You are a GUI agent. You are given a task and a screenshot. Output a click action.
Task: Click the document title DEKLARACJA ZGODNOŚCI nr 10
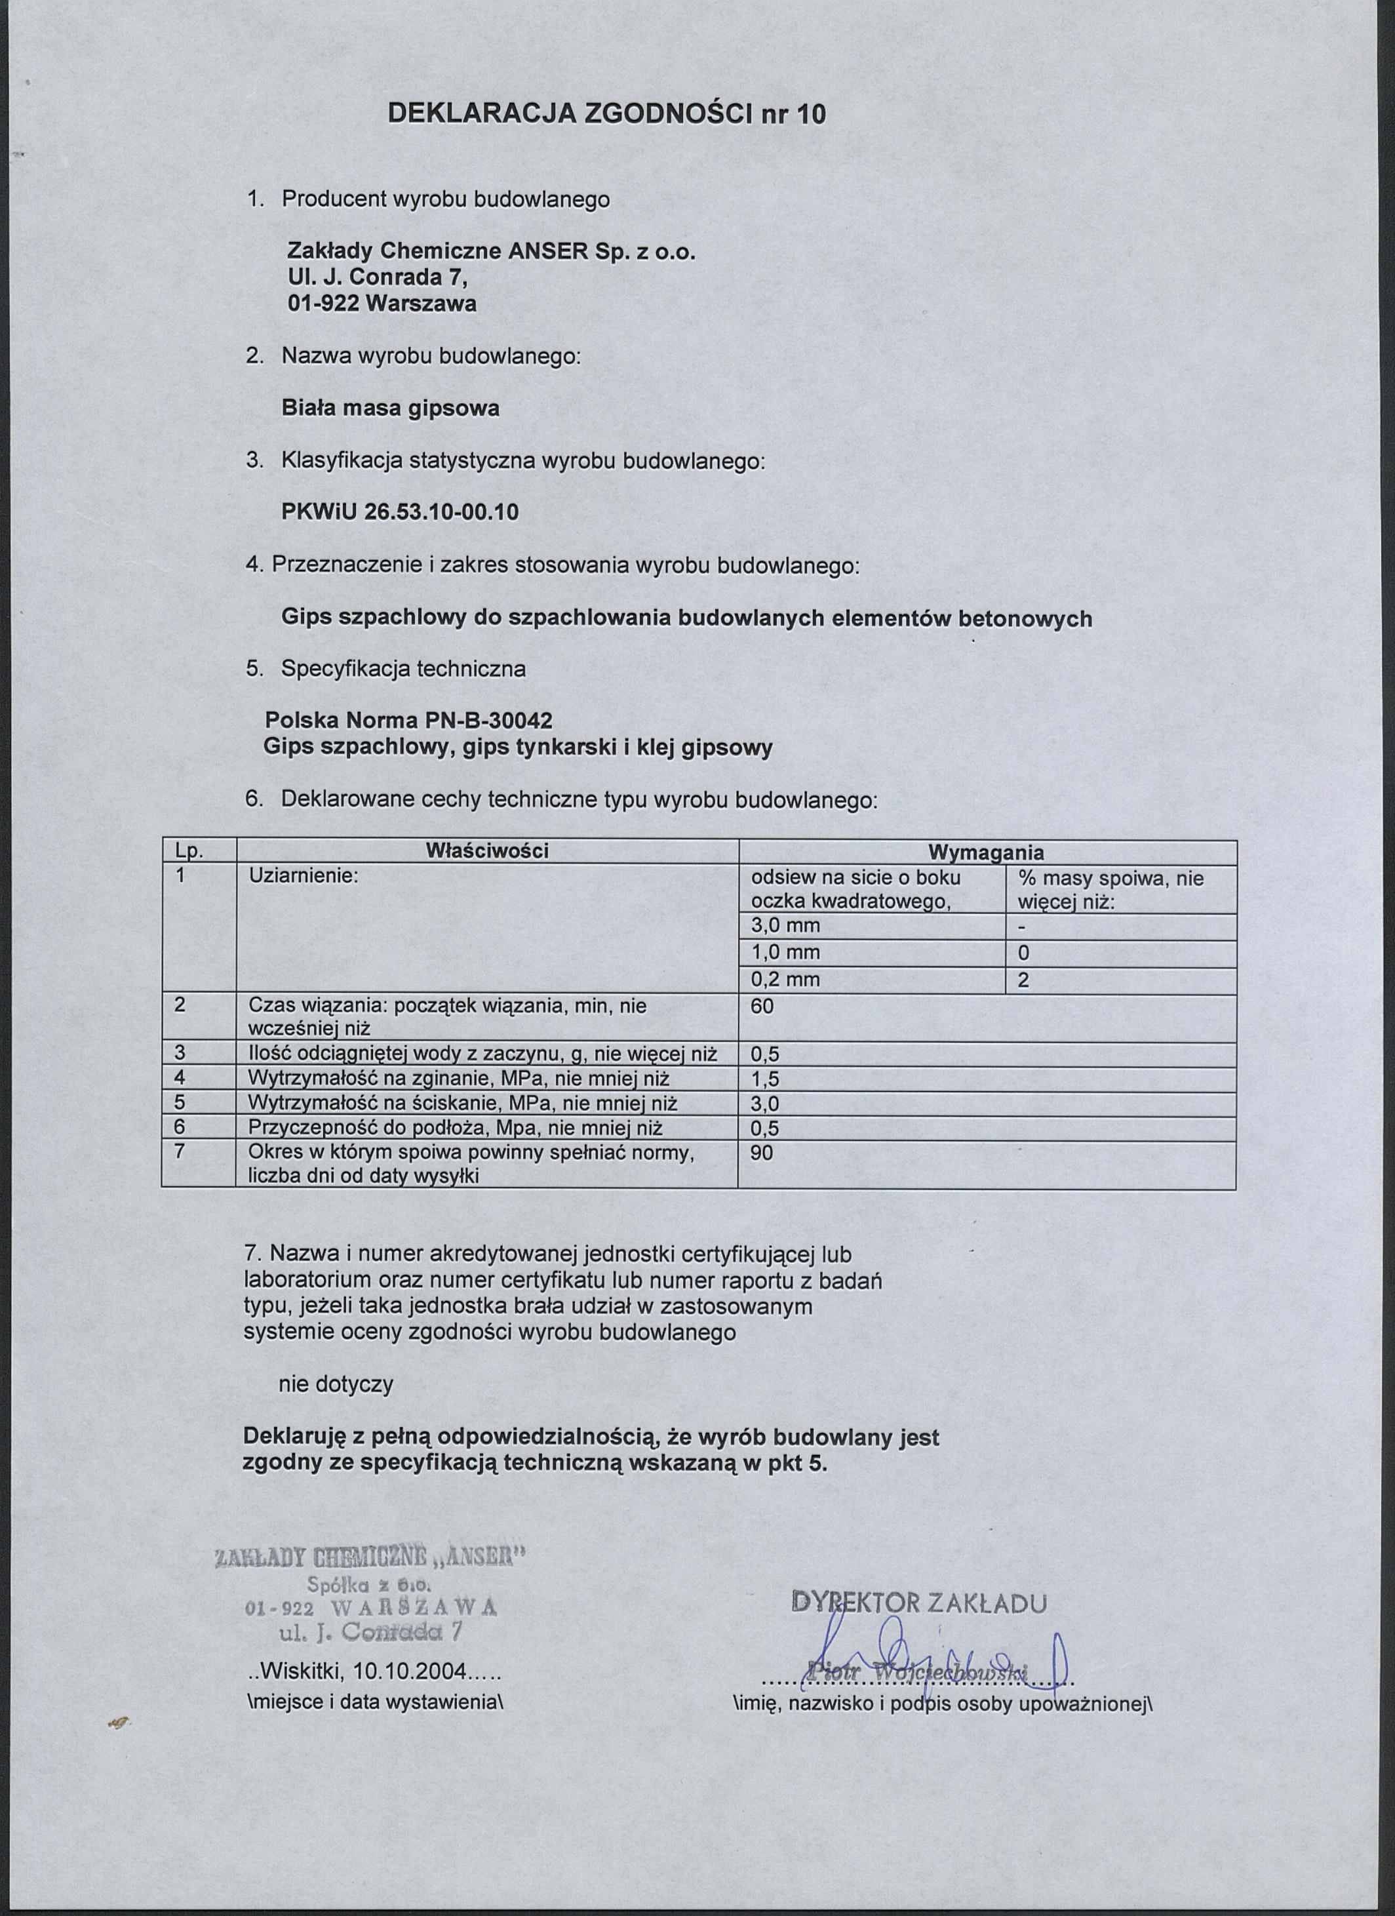pos(606,114)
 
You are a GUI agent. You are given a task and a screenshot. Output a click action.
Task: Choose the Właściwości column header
pos(487,850)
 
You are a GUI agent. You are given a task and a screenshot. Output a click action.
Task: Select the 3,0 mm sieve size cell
pos(785,926)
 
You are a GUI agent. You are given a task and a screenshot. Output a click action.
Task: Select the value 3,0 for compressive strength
pos(765,1104)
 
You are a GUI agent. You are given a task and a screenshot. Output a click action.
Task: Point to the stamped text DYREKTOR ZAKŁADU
pos(920,1603)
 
